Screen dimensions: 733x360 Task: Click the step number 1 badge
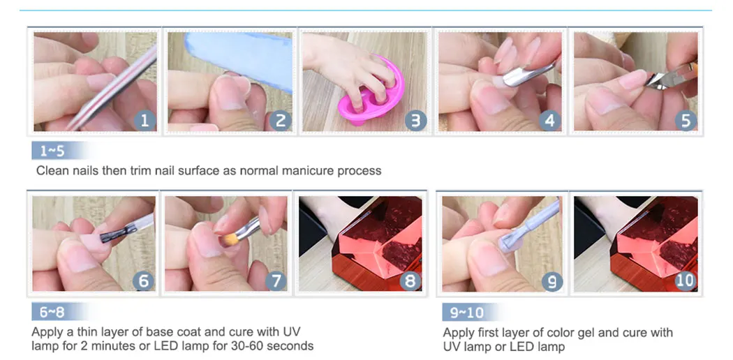click(145, 121)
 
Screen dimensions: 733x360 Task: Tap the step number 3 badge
click(415, 121)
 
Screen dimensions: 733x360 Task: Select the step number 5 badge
click(686, 121)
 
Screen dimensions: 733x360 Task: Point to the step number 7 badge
click(276, 280)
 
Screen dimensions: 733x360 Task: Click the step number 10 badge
click(686, 280)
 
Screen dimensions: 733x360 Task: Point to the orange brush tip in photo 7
click(229, 239)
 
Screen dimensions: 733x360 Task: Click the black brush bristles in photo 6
click(112, 235)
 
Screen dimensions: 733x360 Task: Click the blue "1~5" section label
click(52, 151)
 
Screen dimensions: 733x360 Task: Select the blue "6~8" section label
click(52, 311)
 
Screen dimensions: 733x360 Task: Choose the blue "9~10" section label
click(466, 312)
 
